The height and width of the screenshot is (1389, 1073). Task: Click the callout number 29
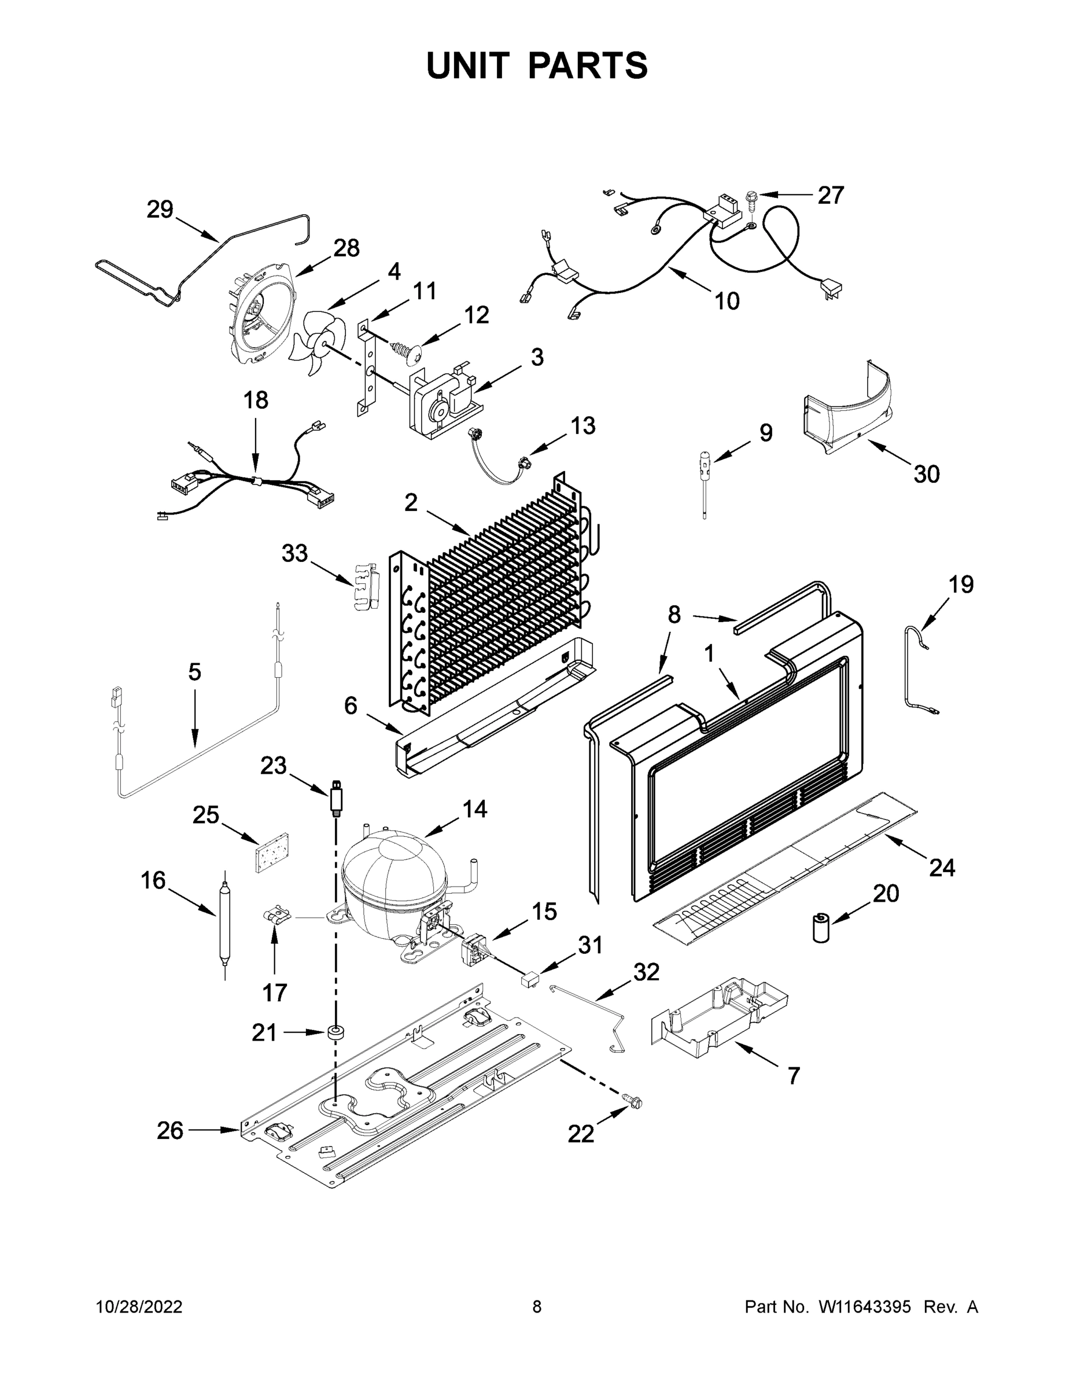160,210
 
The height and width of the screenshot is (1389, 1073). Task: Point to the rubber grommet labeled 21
335,1032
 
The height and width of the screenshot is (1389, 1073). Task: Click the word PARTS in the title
588,65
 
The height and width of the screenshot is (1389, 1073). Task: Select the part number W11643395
865,1307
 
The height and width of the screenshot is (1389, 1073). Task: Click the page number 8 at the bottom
537,1307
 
